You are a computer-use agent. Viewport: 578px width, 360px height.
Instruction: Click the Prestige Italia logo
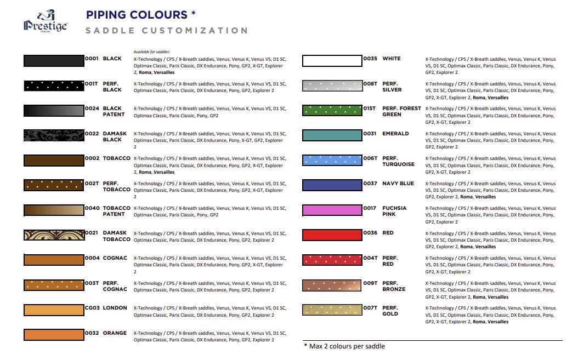pos(45,22)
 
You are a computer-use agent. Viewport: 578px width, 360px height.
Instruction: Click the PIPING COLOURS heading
pos(140,14)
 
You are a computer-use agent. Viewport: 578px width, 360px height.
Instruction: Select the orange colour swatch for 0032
pos(53,335)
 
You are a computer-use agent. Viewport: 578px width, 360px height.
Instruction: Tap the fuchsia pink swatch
pos(332,210)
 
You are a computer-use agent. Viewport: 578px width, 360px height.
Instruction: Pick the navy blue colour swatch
pos(332,185)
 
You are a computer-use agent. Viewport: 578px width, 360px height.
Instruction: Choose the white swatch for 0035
pos(332,60)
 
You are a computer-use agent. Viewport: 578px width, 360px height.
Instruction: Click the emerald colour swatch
pos(332,135)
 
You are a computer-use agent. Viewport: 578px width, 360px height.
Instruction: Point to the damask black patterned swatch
pos(53,135)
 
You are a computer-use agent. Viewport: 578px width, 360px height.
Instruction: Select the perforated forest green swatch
pos(332,111)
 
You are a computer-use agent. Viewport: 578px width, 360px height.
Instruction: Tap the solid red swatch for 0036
pos(332,235)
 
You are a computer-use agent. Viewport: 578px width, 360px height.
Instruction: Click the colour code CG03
pos(92,308)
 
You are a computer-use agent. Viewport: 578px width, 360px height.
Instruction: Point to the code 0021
pos(92,233)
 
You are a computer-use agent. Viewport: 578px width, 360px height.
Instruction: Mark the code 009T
pos(371,283)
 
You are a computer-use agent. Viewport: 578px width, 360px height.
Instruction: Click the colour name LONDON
pos(115,308)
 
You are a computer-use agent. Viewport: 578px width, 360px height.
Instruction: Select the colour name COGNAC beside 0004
pos(115,258)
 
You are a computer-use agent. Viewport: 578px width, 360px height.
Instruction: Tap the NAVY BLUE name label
pos(398,184)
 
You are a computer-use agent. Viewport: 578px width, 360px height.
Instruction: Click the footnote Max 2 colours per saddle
pos(345,346)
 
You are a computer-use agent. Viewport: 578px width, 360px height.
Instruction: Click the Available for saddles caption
pos(152,52)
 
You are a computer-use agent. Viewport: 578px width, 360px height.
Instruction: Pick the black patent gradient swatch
pos(53,111)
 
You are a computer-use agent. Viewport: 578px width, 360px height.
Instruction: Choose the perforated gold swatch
pos(332,310)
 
